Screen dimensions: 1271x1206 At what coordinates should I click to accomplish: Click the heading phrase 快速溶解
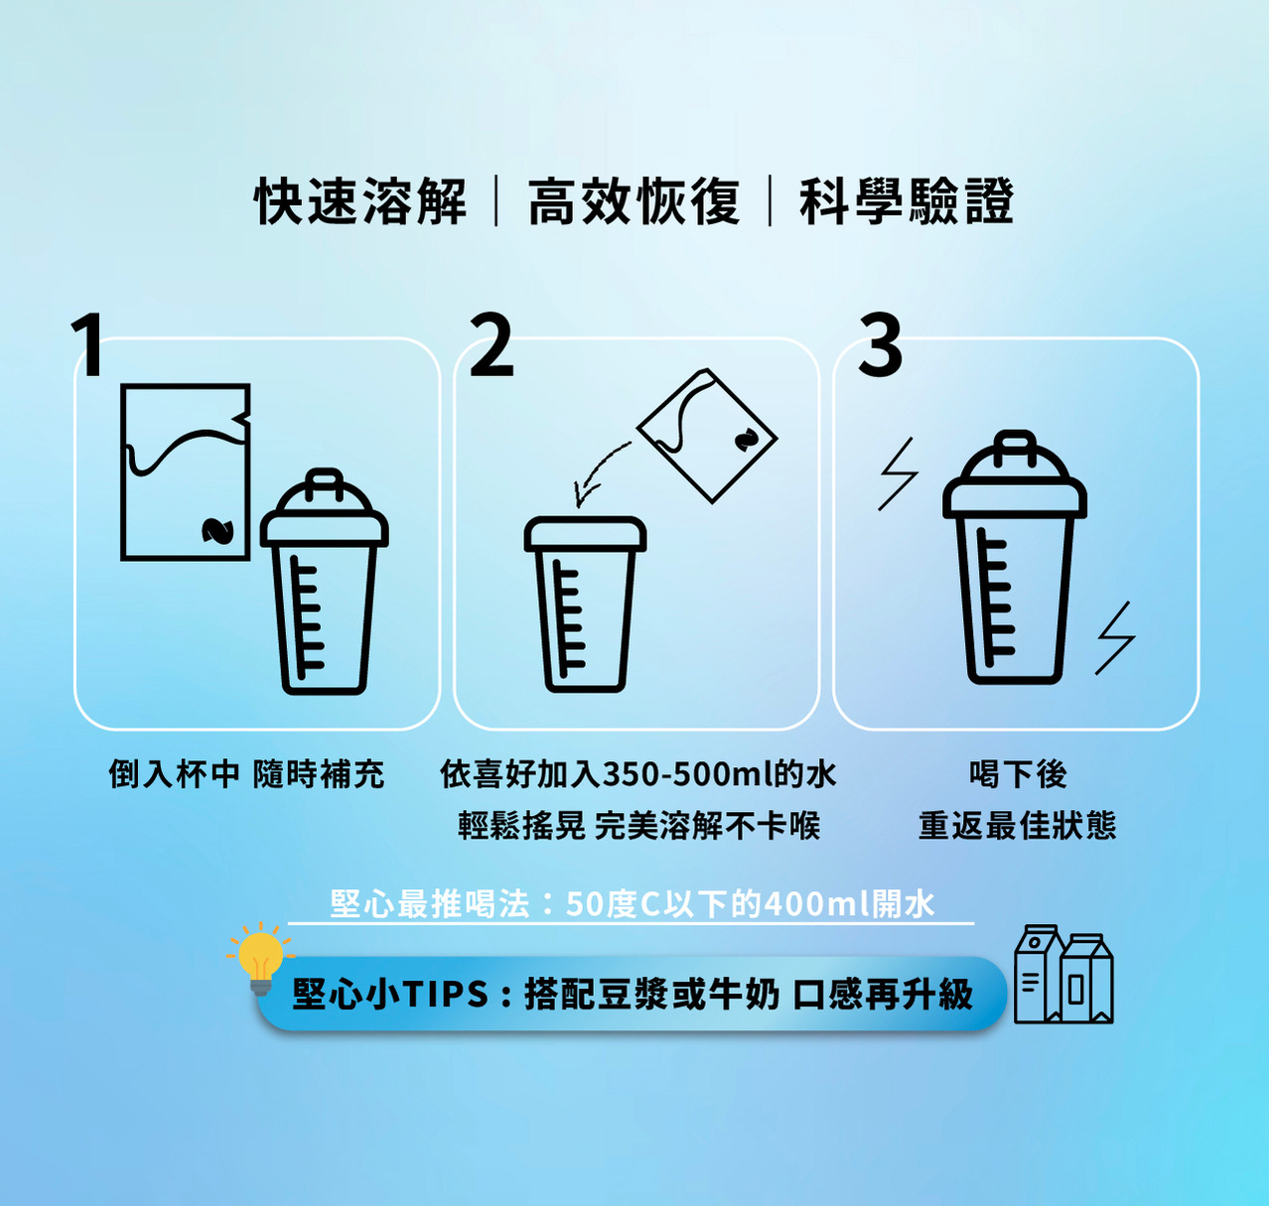pos(360,201)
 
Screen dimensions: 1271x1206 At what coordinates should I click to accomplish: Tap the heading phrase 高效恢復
pos(634,201)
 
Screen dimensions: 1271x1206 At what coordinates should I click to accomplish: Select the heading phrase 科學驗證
pos(907,201)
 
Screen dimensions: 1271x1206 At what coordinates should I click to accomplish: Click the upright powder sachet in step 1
pos(186,471)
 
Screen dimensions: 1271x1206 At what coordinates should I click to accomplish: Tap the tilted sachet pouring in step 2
pos(707,436)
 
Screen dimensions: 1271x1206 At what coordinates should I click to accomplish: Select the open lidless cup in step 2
pos(585,604)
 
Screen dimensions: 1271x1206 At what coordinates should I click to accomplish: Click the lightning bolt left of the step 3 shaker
pos(898,473)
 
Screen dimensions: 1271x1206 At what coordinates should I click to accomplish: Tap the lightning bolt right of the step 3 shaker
pos(1115,638)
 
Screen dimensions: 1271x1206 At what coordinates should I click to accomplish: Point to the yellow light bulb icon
pos(260,959)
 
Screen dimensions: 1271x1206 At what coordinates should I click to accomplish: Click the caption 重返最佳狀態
pos(1018,826)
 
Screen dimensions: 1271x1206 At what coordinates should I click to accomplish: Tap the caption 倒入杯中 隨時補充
pos(246,774)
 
